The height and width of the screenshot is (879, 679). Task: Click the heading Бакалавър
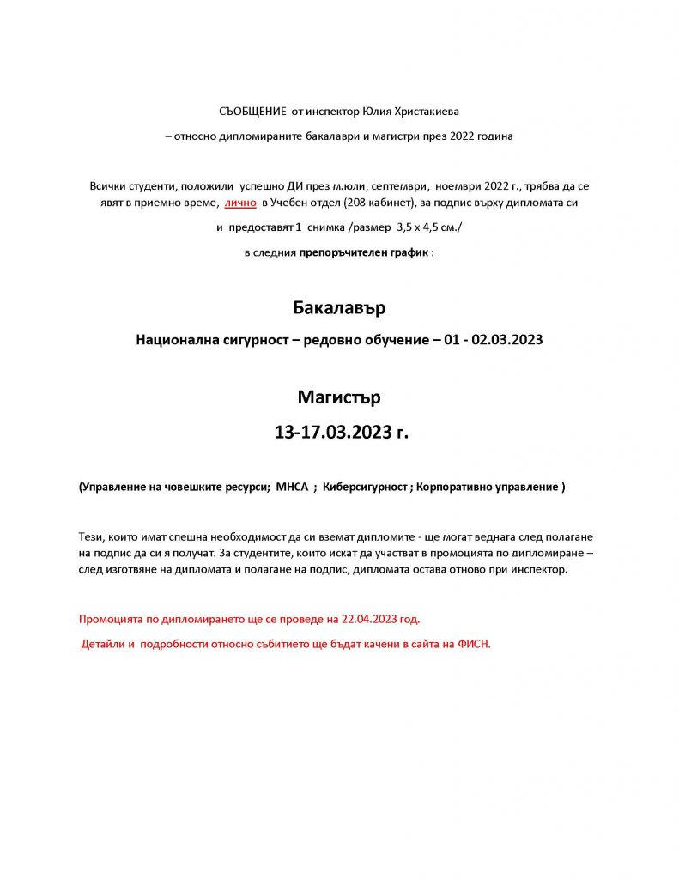339,307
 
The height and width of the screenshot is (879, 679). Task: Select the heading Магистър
339,397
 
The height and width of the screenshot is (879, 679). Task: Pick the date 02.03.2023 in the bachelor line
507,340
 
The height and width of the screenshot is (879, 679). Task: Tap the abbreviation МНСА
292,487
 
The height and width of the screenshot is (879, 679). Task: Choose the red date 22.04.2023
370,618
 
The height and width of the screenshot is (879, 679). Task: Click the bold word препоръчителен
339,253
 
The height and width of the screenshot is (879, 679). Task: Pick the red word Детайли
104,643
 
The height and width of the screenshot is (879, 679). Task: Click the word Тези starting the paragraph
91,536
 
